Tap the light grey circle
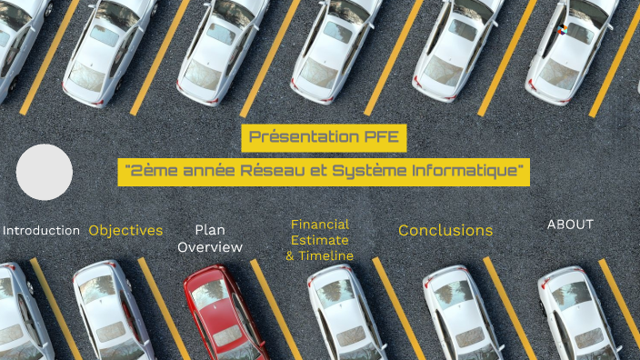[45, 172]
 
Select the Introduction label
[41, 230]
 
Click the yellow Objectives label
[125, 230]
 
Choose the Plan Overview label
[210, 238]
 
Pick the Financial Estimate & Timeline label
[319, 240]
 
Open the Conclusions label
[445, 230]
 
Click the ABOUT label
[570, 224]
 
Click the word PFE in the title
[382, 137]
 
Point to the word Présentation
[304, 137]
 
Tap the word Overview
[210, 246]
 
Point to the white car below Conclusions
[460, 314]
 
